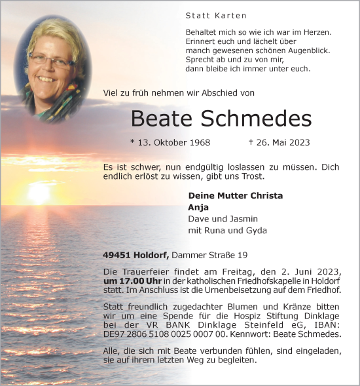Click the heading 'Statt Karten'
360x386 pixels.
[x=207, y=15]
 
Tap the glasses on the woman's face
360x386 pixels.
[x=52, y=62]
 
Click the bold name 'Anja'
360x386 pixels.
[x=198, y=207]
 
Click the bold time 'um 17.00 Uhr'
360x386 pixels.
[x=130, y=281]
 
